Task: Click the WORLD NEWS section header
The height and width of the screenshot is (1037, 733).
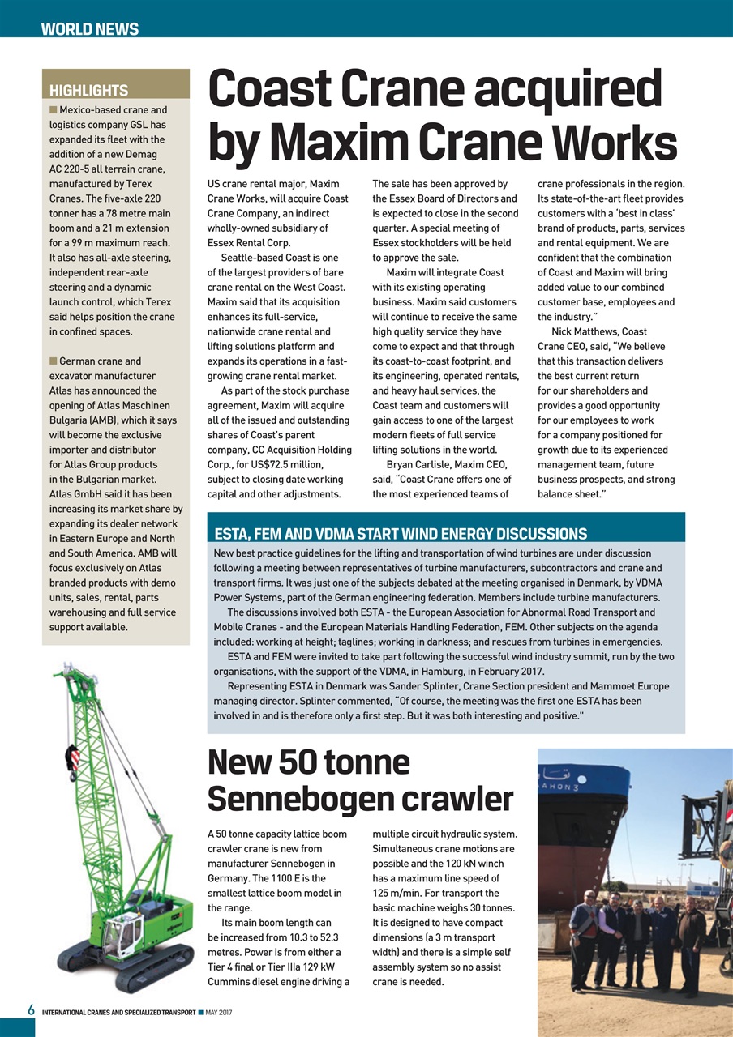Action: click(x=90, y=30)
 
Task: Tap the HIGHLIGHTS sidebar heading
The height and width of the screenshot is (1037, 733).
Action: click(x=89, y=90)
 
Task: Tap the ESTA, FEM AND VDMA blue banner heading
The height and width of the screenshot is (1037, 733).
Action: click(x=400, y=533)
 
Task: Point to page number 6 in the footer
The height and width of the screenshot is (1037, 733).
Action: click(x=30, y=1010)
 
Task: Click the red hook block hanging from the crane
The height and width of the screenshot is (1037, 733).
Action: click(x=72, y=761)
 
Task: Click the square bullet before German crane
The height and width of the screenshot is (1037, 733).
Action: click(x=54, y=361)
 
